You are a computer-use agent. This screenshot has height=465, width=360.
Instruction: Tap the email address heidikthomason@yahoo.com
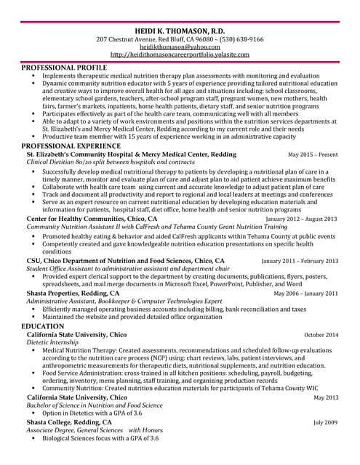(180, 46)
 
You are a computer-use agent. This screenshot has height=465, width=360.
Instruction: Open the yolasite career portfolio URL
(180, 54)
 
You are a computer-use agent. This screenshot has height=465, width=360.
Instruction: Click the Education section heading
(43, 326)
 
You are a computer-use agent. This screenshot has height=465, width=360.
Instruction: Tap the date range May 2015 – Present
(313, 155)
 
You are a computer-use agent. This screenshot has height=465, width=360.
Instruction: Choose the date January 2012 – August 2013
(301, 218)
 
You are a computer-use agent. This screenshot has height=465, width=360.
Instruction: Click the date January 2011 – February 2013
(300, 261)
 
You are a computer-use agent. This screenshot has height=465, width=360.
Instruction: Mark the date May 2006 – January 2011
(305, 294)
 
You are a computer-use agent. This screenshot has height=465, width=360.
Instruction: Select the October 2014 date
(321, 335)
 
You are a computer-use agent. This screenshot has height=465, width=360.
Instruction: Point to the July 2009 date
(326, 422)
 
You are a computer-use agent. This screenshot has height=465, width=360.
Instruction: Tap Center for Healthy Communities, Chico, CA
(92, 218)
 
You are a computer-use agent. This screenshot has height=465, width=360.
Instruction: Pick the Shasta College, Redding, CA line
(69, 421)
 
